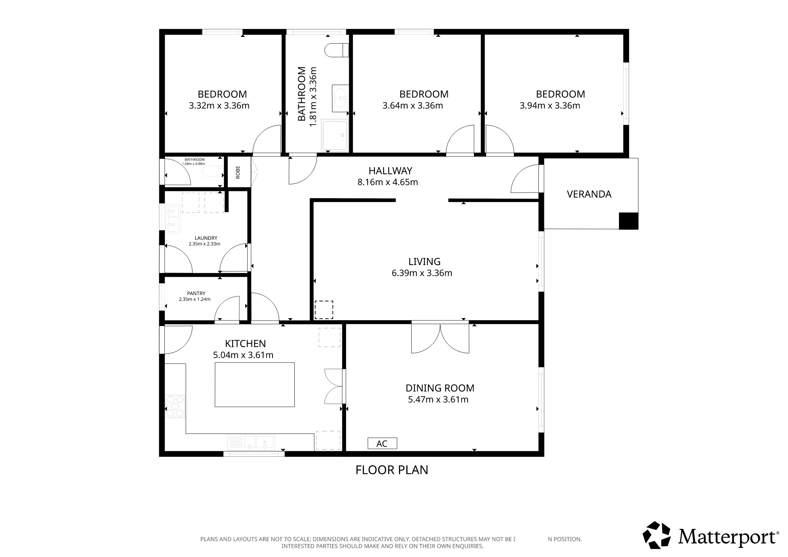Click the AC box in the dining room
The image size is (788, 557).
(382, 443)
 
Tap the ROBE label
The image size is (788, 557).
(238, 172)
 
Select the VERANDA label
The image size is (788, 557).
(589, 194)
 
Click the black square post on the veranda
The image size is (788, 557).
(628, 221)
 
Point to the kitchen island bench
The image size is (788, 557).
(255, 384)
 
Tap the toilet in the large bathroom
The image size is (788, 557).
(336, 50)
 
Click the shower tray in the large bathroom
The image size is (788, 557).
(336, 135)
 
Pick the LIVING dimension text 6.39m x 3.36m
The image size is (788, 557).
(422, 273)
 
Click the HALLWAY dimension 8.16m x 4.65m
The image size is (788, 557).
(387, 182)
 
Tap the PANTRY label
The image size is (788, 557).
(196, 294)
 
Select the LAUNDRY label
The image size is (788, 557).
(206, 238)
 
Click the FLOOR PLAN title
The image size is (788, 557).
(392, 470)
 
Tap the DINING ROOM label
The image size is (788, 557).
(440, 388)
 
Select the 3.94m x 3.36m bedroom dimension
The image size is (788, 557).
(550, 106)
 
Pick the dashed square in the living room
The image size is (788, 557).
(324, 310)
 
